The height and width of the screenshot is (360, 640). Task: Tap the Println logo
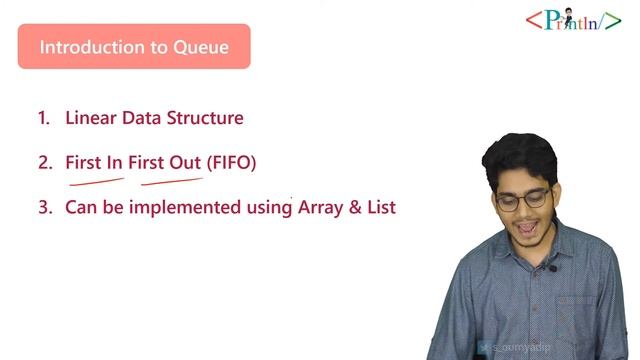(573, 19)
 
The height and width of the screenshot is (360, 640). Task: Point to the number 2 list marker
(43, 162)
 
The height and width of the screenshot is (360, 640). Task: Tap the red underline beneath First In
(95, 182)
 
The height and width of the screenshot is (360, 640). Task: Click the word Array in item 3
(321, 208)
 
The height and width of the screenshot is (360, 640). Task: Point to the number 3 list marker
(43, 208)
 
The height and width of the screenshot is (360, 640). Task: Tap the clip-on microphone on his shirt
(551, 268)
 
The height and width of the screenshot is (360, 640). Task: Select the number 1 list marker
(43, 118)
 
